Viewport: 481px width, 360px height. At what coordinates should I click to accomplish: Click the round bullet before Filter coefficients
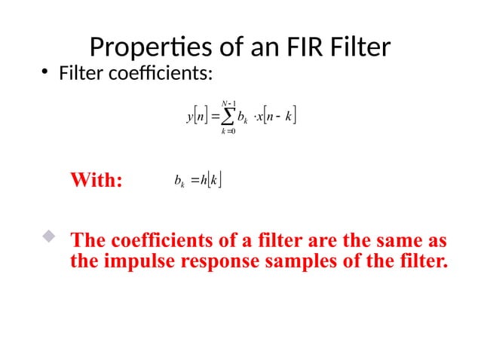point(45,74)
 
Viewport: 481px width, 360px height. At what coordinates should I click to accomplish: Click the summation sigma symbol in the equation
point(224,117)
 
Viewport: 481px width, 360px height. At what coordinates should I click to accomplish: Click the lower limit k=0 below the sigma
point(224,133)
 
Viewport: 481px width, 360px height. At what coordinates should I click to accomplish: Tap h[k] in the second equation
point(210,181)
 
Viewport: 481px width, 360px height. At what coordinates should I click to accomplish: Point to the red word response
point(214,263)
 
